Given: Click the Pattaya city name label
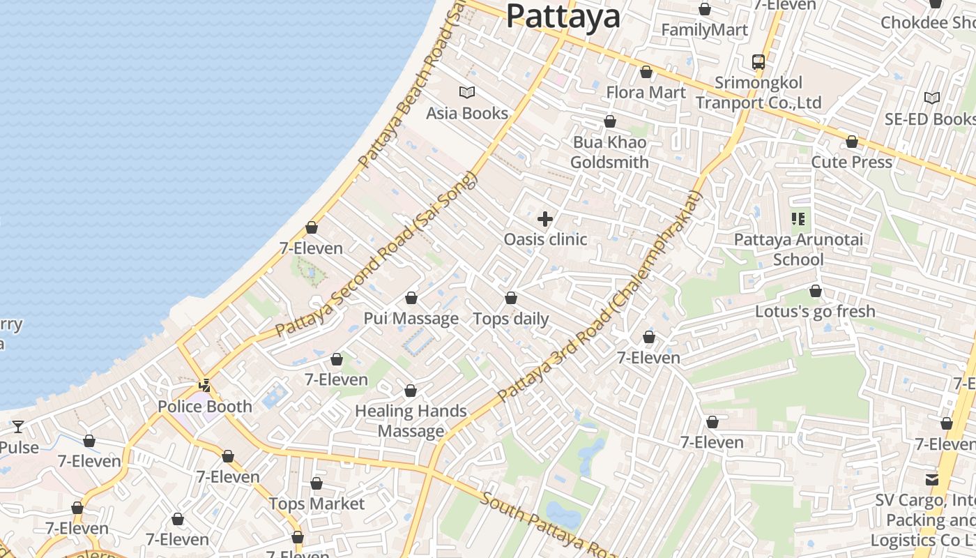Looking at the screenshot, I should click(x=563, y=15).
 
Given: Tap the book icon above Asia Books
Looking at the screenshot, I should click(x=466, y=92).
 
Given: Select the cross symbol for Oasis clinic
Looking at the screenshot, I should click(x=545, y=220).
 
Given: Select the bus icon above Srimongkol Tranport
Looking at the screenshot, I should click(x=758, y=62).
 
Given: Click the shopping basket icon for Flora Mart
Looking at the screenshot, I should click(x=646, y=72).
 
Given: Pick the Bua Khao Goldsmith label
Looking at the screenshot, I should click(x=609, y=152).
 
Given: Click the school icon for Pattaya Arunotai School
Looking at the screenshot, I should click(x=798, y=220).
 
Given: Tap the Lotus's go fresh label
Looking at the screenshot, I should click(x=815, y=311).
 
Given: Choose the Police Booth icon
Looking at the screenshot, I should click(x=204, y=385).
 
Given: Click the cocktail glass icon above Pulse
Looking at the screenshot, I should click(x=18, y=426).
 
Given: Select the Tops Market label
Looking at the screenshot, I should click(x=317, y=504).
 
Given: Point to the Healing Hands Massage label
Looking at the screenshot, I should click(x=411, y=421).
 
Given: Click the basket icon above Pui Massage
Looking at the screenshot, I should click(x=411, y=299).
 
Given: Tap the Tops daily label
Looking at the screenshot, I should click(x=511, y=319).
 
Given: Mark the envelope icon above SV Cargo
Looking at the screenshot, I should click(x=932, y=480).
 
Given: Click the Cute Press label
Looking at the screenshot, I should click(x=851, y=162).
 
